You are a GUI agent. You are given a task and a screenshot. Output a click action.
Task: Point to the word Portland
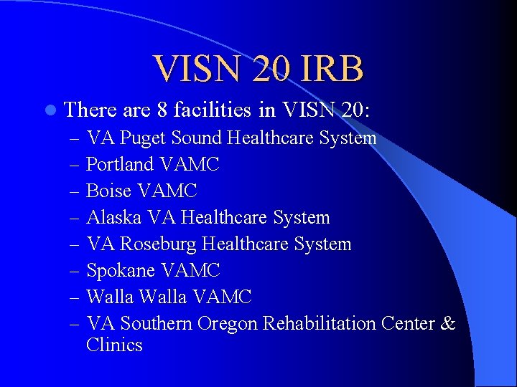(120, 164)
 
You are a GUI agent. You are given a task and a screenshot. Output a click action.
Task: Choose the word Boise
(108, 191)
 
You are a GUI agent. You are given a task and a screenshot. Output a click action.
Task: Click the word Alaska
(113, 217)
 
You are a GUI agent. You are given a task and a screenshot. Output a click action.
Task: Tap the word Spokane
(121, 270)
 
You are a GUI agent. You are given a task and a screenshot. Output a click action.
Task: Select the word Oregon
(227, 323)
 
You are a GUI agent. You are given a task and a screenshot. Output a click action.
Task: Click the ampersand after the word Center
(448, 323)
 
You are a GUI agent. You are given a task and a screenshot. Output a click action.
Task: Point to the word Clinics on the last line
(114, 345)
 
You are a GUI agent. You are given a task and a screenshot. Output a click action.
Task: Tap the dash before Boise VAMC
(74, 191)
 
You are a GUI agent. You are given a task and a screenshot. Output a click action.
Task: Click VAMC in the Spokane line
(191, 270)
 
